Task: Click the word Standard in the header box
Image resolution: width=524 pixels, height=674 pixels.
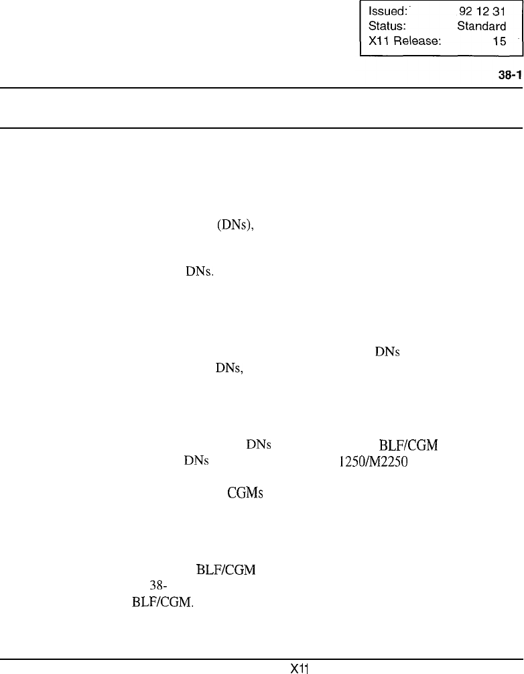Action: coord(481,27)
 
